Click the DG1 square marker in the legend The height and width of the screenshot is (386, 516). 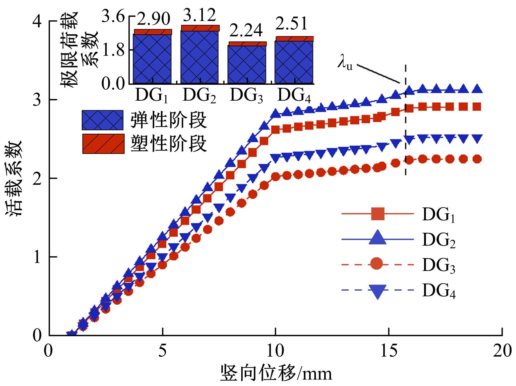377,214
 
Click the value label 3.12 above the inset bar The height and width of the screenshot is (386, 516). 199,15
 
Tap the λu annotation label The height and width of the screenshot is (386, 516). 345,64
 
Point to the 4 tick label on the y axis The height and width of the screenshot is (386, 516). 38,22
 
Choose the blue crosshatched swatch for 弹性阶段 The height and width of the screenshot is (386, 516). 103,120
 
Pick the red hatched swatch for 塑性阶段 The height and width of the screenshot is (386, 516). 103,144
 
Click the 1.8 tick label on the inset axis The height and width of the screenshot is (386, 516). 113,50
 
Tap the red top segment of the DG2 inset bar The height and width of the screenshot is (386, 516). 200,28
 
